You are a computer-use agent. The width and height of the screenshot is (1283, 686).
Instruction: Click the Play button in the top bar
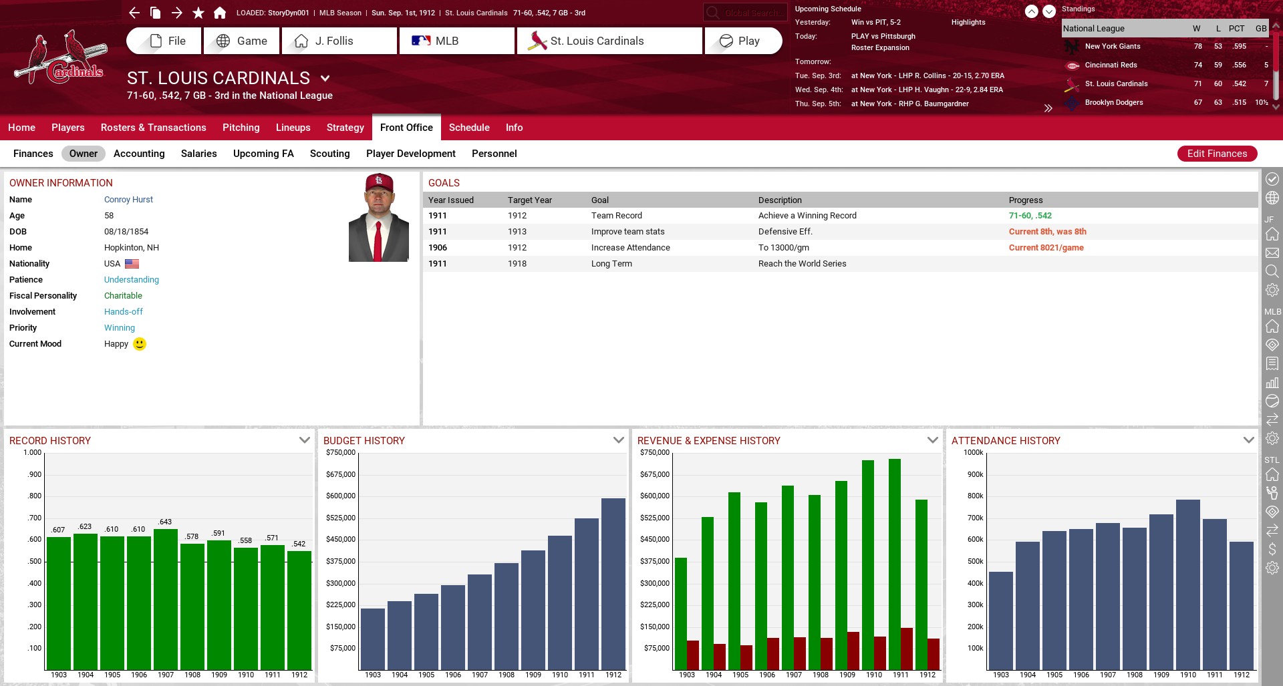click(x=742, y=41)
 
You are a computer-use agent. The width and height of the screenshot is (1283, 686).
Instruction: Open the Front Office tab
click(x=406, y=128)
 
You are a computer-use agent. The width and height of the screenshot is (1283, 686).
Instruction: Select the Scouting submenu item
click(x=329, y=154)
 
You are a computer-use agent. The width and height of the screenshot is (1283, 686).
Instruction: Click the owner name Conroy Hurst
click(x=128, y=200)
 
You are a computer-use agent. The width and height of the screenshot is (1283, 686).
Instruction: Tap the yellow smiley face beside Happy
click(x=140, y=344)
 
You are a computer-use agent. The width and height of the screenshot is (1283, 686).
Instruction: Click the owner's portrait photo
click(x=378, y=218)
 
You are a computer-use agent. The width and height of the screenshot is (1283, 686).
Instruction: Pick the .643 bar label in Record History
click(x=165, y=522)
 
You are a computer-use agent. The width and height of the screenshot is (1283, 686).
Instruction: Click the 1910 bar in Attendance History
click(x=1187, y=584)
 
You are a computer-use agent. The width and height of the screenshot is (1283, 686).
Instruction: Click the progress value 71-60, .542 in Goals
click(x=1030, y=216)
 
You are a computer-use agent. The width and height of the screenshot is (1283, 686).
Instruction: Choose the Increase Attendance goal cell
click(x=630, y=248)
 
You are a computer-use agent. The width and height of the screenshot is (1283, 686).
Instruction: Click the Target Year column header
click(x=529, y=200)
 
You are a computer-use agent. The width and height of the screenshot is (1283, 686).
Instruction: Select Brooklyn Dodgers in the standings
click(x=1113, y=103)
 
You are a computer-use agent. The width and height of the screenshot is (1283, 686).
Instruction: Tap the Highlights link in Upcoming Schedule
click(x=968, y=23)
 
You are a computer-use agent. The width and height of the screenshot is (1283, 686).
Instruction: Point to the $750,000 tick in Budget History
click(x=341, y=453)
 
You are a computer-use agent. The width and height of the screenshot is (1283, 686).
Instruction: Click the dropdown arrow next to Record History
click(x=305, y=440)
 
